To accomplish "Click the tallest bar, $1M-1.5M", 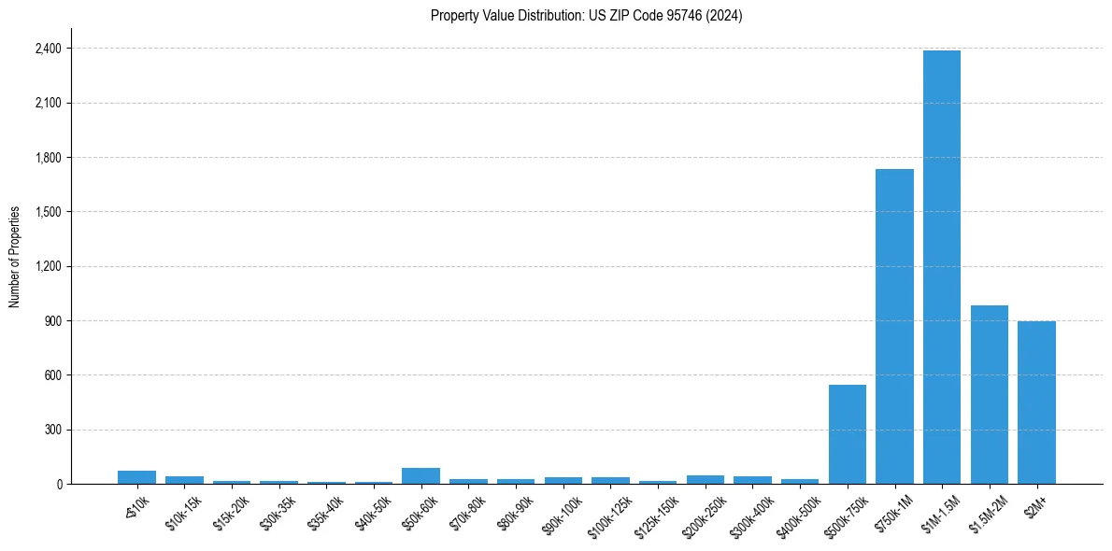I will point(941,267).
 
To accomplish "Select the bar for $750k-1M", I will point(894,327).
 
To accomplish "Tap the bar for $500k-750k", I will point(847,434).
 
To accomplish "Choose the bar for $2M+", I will point(1036,403).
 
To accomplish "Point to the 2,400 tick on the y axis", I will point(49,49).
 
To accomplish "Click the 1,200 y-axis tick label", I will point(49,266).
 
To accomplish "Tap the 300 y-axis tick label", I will point(53,430).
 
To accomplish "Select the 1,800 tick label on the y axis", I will point(49,158).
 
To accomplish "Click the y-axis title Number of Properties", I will point(15,256).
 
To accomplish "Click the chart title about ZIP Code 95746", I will point(586,16).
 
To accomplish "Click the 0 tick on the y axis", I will point(58,485).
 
